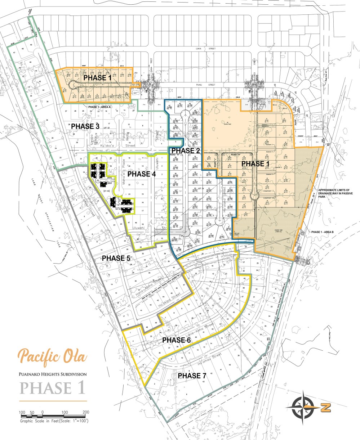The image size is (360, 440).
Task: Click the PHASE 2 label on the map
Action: click(186, 150)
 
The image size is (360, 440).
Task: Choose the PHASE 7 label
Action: click(195, 376)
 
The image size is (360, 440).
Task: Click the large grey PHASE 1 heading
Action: click(53, 388)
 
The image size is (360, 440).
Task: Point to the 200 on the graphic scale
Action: click(86, 412)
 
